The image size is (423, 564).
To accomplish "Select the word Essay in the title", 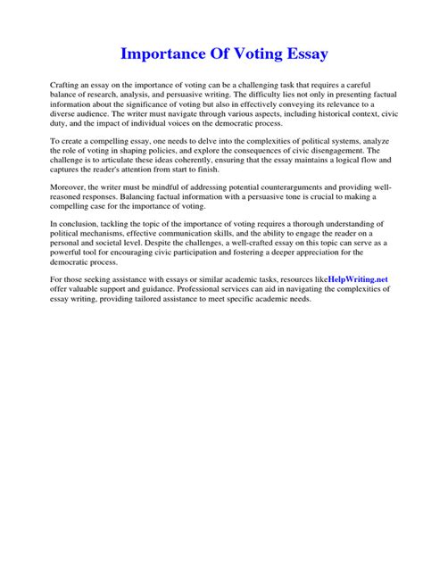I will point(303,54).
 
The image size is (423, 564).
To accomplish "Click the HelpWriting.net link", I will point(358,279).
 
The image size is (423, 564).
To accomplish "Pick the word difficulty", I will point(268,92).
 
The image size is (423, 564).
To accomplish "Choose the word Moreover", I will point(70,187).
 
